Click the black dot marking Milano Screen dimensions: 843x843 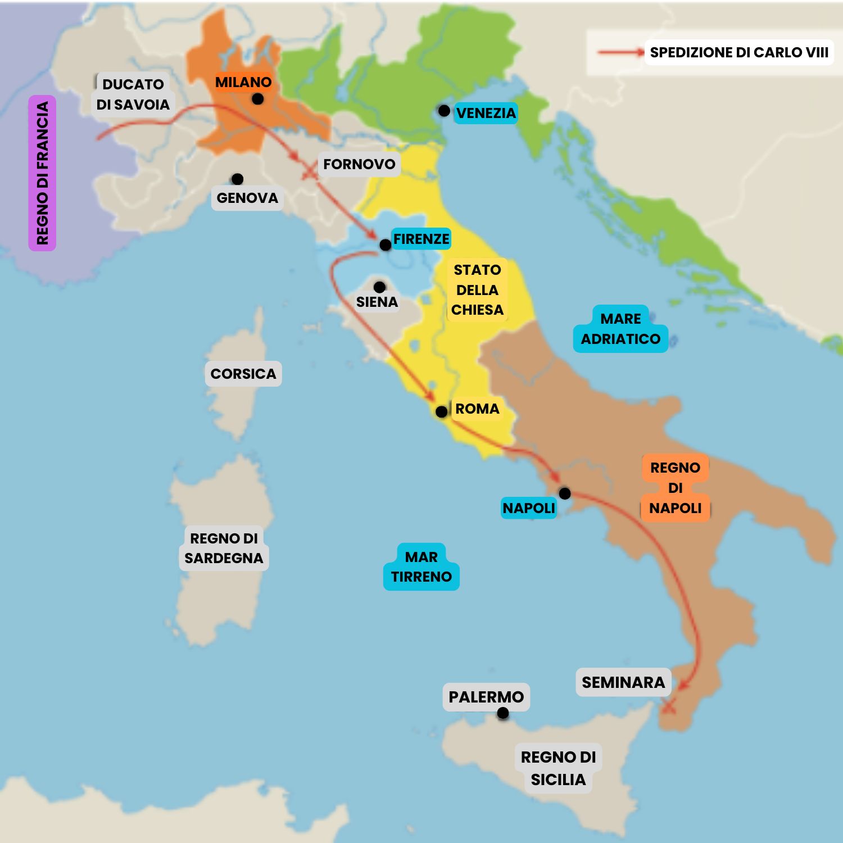pos(257,99)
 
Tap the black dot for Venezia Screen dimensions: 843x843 pos(444,111)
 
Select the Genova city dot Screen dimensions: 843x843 pos(237,179)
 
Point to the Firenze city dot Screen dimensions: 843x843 pos(385,245)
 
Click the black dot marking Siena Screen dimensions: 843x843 pos(379,287)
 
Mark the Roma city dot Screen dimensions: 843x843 pos(442,412)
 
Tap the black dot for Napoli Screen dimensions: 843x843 pos(565,493)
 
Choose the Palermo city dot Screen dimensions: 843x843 pos(503,713)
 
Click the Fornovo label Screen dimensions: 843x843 pos(359,164)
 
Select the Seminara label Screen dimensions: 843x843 pos(623,682)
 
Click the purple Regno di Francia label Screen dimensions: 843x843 pos(42,173)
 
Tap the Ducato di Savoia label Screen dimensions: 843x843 pos(133,94)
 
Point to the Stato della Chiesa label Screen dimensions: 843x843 pos(477,290)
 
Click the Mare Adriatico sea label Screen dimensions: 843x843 pos(620,329)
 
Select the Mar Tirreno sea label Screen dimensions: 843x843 pos(422,566)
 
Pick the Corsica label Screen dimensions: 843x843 pos(243,374)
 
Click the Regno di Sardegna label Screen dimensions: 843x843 pos(224,548)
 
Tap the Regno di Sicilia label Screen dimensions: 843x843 pos(558,768)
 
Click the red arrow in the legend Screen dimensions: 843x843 pos(620,52)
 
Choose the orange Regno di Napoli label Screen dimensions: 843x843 pos(675,488)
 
